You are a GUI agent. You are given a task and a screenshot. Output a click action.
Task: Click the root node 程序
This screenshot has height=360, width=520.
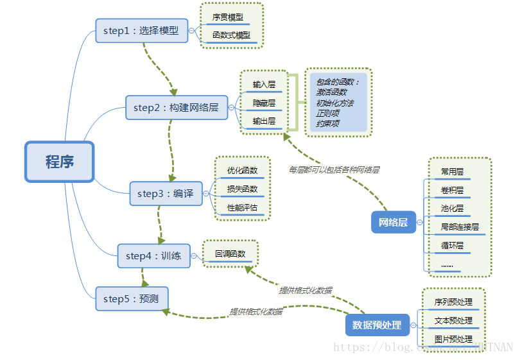59,161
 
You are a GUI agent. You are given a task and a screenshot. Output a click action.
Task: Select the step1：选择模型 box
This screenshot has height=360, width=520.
142,30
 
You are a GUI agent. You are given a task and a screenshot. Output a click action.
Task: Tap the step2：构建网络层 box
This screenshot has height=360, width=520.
177,108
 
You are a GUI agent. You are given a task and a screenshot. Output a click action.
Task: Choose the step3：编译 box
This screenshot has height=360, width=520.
166,193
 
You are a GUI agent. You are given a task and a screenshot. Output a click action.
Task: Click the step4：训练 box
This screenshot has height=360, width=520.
153,256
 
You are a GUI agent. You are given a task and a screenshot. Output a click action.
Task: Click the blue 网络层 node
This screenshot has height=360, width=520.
393,222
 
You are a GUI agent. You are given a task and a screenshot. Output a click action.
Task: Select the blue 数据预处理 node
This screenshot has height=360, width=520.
377,325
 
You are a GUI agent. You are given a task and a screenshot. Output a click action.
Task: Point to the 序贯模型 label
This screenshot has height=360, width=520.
228,17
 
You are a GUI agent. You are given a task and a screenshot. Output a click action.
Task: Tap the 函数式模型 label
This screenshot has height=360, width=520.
231,35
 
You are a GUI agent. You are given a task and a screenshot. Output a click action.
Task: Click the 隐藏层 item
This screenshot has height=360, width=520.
264,103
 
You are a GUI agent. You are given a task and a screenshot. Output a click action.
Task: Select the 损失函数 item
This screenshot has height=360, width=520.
242,189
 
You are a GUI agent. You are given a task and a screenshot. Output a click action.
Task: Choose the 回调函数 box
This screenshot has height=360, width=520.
230,253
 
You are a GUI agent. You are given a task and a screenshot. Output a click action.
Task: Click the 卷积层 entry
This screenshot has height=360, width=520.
452,191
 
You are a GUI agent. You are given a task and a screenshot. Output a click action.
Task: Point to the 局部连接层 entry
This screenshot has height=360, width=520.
459,227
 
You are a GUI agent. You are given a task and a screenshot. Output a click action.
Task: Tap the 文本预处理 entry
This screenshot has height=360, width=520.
453,320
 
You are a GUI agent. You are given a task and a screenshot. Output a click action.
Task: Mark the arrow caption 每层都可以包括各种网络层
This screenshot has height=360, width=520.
334,170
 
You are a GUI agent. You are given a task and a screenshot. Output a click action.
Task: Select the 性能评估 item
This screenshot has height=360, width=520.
242,207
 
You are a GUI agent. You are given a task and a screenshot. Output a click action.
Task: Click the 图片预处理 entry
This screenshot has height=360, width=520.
453,339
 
